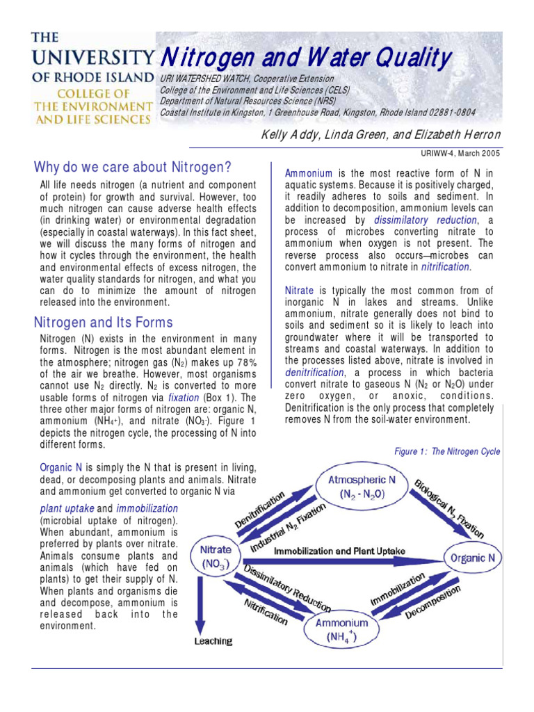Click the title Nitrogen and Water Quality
305,58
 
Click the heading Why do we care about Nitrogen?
132,167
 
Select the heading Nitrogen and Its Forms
104,323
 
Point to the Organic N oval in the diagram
473,558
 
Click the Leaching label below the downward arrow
213,640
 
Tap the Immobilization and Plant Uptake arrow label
339,551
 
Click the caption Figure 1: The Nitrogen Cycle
446,451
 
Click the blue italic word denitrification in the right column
314,373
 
